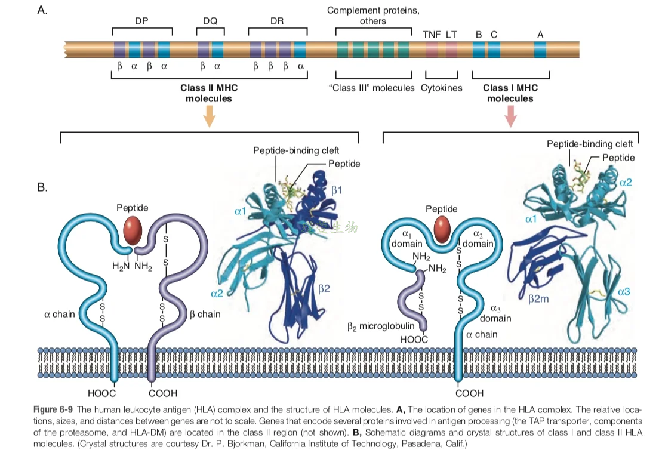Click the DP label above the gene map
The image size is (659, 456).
(141, 20)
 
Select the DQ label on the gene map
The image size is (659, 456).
(210, 20)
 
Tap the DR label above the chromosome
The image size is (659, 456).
(278, 20)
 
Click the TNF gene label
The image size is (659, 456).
(432, 34)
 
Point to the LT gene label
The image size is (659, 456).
(451, 34)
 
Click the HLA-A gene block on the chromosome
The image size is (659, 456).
(540, 50)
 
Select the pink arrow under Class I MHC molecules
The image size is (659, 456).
(510, 116)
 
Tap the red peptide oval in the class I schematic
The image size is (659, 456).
(442, 230)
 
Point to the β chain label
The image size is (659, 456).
(205, 314)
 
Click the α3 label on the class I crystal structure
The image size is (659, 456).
(624, 292)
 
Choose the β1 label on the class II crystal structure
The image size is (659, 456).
(337, 190)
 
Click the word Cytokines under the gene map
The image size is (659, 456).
(441, 88)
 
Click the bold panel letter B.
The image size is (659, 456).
(42, 187)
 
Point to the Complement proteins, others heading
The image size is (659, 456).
(373, 16)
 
